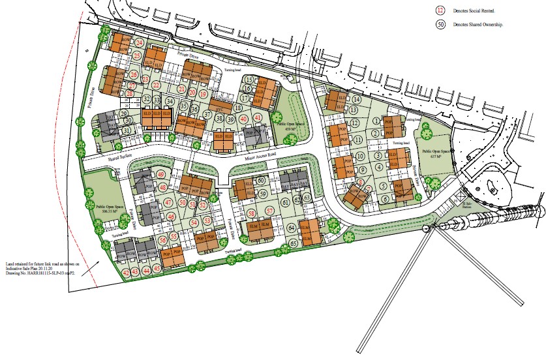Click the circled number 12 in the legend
(x=440, y=11)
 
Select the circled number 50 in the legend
(x=440, y=25)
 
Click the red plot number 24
(x=138, y=43)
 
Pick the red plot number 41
(x=259, y=117)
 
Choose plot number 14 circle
(x=356, y=99)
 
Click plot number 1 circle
(x=376, y=119)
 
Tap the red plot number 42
(x=126, y=271)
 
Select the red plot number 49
(x=161, y=175)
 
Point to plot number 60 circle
(x=260, y=181)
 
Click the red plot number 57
(x=270, y=211)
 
